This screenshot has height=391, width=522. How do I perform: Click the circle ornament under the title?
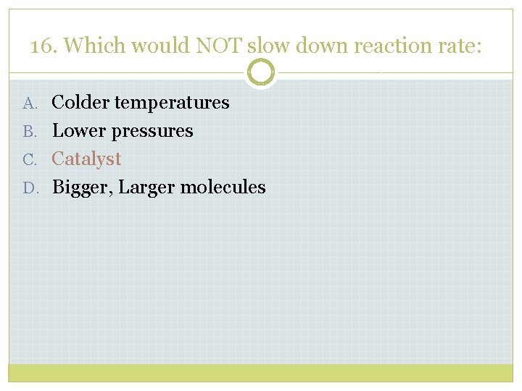pyautogui.click(x=261, y=72)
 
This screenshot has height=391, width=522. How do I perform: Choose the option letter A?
pyautogui.click(x=29, y=104)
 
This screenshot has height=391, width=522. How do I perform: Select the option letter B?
pyautogui.click(x=29, y=132)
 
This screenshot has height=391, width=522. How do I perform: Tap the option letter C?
pyautogui.click(x=29, y=160)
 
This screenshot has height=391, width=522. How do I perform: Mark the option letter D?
pyautogui.click(x=29, y=188)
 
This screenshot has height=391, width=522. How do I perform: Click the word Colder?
pyautogui.click(x=80, y=103)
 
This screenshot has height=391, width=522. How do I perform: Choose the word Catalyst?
pyautogui.click(x=86, y=159)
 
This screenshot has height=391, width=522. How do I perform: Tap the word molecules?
pyautogui.click(x=223, y=188)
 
